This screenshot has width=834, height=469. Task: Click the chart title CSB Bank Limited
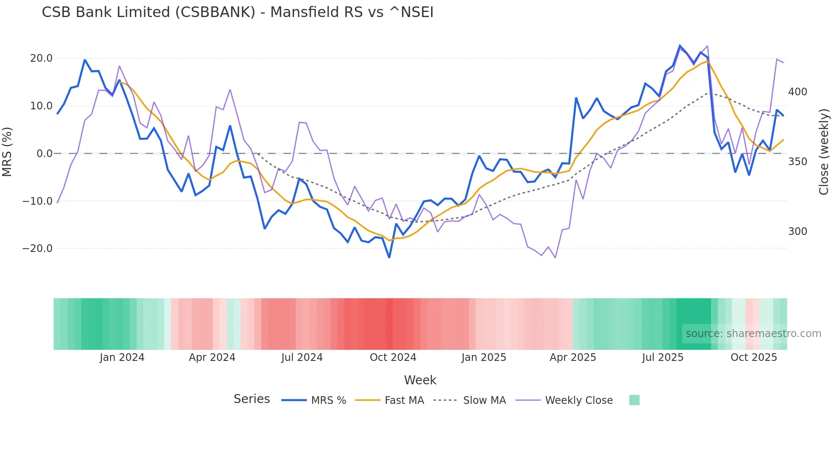point(237,12)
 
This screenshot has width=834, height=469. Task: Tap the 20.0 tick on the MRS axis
point(41,58)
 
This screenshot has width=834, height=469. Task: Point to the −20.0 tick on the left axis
point(37,249)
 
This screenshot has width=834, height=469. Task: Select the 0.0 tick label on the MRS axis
point(44,154)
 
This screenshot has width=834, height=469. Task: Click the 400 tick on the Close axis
point(797,92)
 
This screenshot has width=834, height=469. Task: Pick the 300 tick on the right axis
point(797,232)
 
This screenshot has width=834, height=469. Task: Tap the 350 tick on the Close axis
point(797,162)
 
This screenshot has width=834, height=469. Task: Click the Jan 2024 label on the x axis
point(122,357)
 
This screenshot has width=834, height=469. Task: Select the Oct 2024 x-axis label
point(393,357)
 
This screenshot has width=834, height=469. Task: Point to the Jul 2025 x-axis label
point(663,357)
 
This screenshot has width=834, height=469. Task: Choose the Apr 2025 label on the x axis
point(573,357)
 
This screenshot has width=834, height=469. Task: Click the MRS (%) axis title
point(7,152)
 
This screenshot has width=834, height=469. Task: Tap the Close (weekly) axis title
point(824,152)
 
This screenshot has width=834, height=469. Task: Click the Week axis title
point(420,380)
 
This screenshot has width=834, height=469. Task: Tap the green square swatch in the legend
point(634,400)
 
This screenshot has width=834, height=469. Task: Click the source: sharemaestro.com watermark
point(753,334)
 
